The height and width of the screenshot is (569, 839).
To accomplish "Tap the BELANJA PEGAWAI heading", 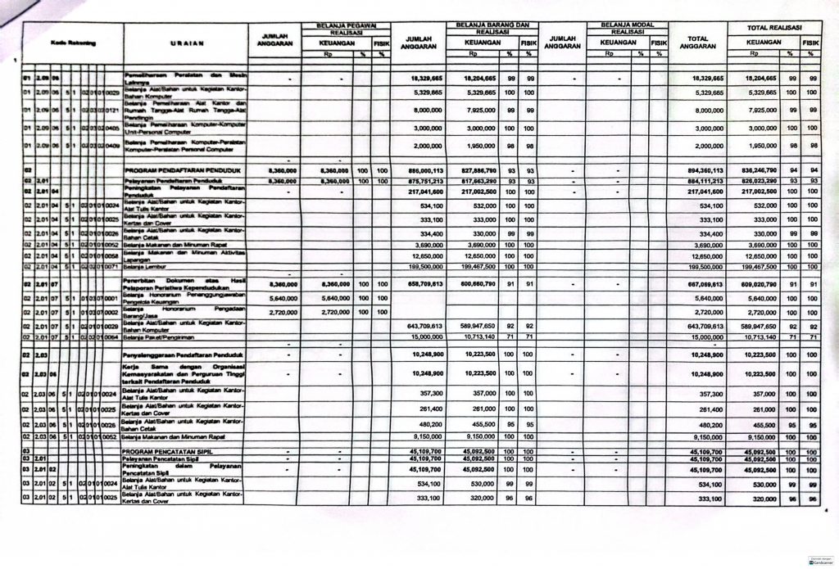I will (342, 25).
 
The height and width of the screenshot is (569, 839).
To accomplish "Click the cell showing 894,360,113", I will (698, 170).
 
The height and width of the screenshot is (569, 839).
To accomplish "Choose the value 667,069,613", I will (698, 283).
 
